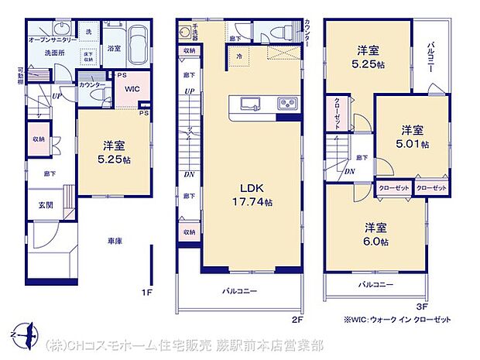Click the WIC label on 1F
click(132, 88)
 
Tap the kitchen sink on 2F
click(252, 104)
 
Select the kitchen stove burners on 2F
click(284, 104)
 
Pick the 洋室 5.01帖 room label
click(411, 136)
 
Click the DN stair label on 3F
click(350, 172)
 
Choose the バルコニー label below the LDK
click(239, 291)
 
